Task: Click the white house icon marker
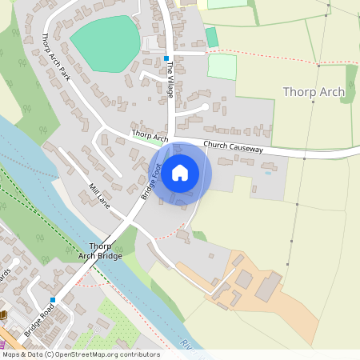180,173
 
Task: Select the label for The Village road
170,80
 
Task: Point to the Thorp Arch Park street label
55,57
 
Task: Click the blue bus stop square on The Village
166,58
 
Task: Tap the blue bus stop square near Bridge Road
53,299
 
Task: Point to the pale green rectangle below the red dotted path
222,66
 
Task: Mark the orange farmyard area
264,296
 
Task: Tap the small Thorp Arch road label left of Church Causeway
150,137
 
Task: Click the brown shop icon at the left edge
2,314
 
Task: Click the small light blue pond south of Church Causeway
267,173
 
